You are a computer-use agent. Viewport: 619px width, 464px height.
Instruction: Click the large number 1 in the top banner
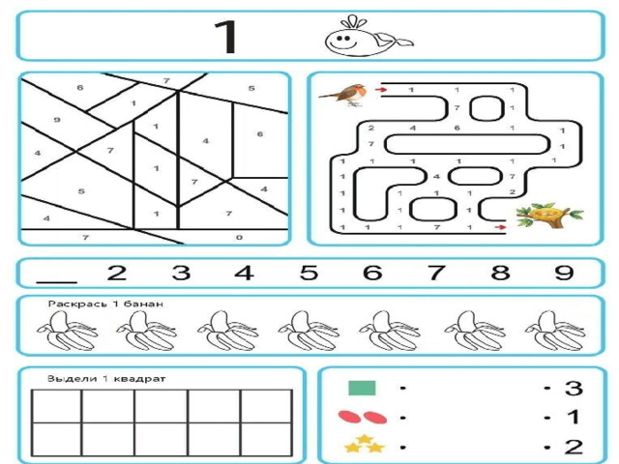coord(226,37)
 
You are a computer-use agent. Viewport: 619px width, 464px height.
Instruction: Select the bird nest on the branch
coord(548,216)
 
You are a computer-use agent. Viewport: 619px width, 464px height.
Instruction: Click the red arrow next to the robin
coord(380,90)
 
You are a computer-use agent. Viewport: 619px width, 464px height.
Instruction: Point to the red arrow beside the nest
coord(500,227)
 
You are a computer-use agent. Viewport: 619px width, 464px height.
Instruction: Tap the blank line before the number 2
coord(56,282)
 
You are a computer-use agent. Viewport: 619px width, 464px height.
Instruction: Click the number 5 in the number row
coord(309,273)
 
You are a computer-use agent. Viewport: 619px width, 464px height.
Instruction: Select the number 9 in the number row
coord(564,273)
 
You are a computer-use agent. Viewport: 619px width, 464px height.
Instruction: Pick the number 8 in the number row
coord(500,273)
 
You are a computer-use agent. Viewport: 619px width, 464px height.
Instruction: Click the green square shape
coord(362,388)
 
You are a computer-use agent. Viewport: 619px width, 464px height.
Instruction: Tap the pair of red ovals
coord(363,417)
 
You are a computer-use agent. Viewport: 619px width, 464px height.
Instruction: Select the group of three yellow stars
coord(365,445)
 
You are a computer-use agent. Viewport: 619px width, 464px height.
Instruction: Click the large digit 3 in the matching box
coord(574,388)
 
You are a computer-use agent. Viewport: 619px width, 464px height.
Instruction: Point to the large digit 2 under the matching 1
coord(574,447)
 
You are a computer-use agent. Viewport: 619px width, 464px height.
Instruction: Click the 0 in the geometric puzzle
coord(239,237)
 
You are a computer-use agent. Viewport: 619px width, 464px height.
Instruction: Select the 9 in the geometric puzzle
coord(57,120)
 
